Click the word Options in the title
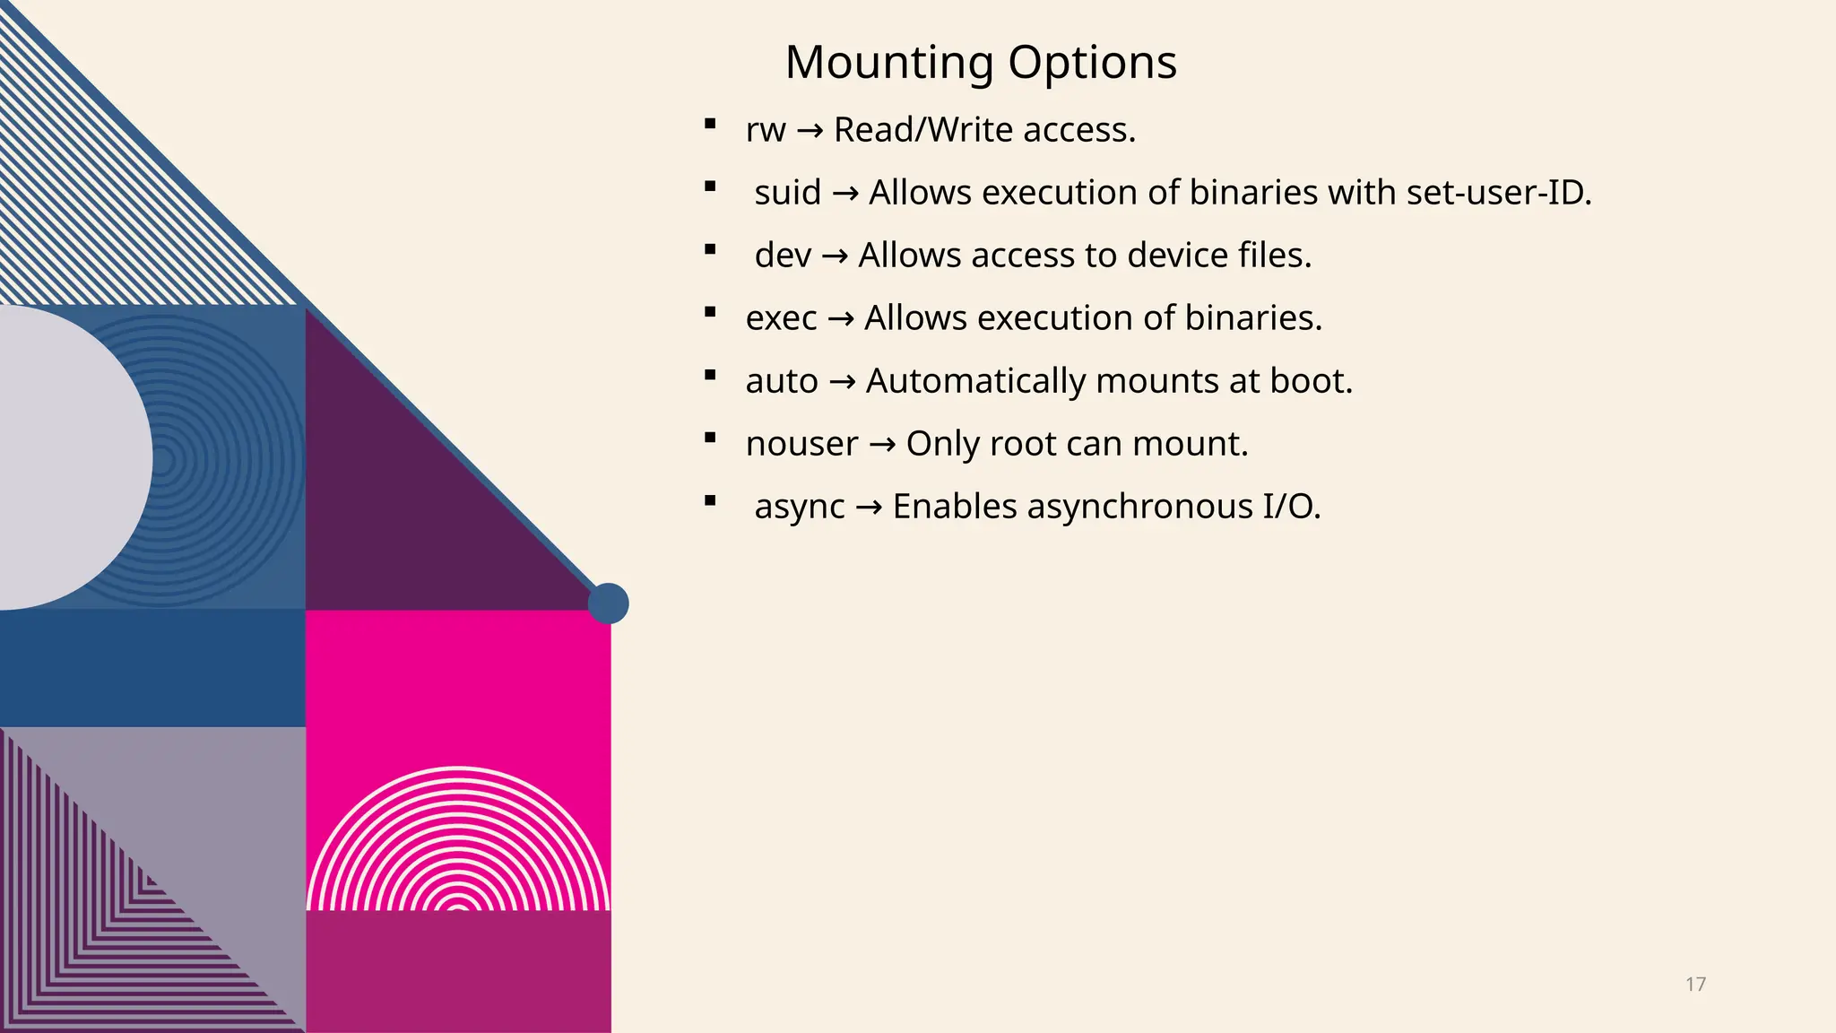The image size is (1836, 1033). [x=1092, y=64]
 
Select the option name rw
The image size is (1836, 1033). [x=766, y=131]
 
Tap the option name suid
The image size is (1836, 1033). [x=788, y=193]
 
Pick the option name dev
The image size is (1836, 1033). [x=783, y=256]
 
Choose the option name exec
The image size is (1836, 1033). [x=781, y=318]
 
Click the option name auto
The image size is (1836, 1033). [x=782, y=382]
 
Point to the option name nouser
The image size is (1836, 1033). [x=801, y=444]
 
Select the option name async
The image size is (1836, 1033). [x=800, y=508]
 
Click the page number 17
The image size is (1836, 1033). [x=1695, y=985]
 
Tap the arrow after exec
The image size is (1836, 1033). [x=841, y=319]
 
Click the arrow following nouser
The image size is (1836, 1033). [x=882, y=445]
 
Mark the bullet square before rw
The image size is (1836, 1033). [x=710, y=124]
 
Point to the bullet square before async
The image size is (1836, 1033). [x=710, y=501]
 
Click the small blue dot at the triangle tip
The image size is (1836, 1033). [x=608, y=603]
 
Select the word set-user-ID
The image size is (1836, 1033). [x=1499, y=193]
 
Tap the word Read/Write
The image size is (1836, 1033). [x=923, y=131]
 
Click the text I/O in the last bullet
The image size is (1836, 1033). [x=1291, y=508]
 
